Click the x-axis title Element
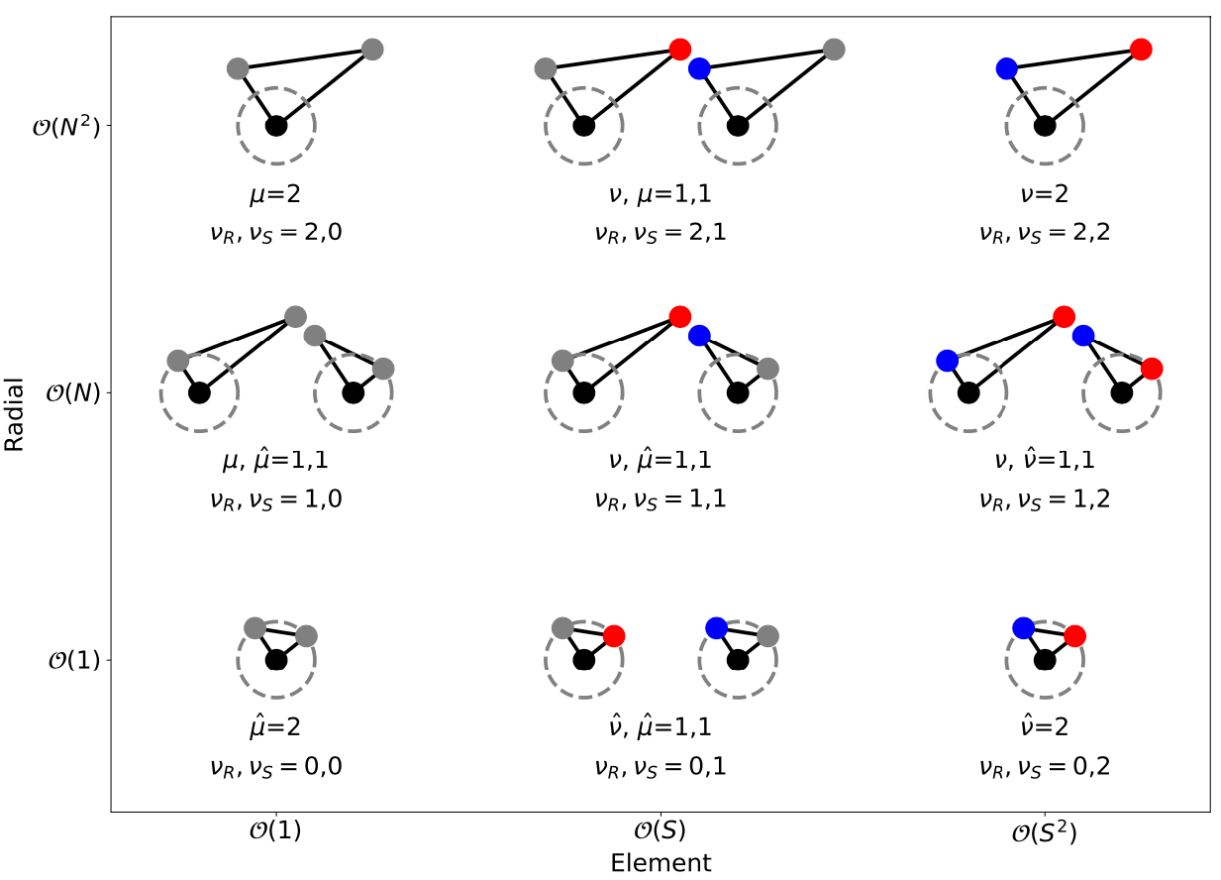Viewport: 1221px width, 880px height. point(661,862)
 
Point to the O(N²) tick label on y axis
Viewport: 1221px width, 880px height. point(66,127)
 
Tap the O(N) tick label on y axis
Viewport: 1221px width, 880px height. point(73,393)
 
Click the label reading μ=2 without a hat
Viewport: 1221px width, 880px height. point(276,192)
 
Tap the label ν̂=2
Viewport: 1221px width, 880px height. point(1044,726)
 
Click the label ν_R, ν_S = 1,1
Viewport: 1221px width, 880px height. point(661,498)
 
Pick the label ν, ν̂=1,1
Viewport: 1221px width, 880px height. point(1044,460)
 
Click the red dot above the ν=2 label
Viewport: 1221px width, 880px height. point(1141,49)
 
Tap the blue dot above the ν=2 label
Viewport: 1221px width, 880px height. point(1006,68)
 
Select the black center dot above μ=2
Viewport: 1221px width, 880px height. point(276,126)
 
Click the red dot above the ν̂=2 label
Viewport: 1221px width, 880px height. point(1074,635)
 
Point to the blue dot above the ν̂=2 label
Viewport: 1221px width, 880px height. point(1023,627)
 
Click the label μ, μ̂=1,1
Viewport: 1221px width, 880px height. point(276,460)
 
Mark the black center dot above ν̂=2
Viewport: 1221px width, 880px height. point(1044,659)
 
